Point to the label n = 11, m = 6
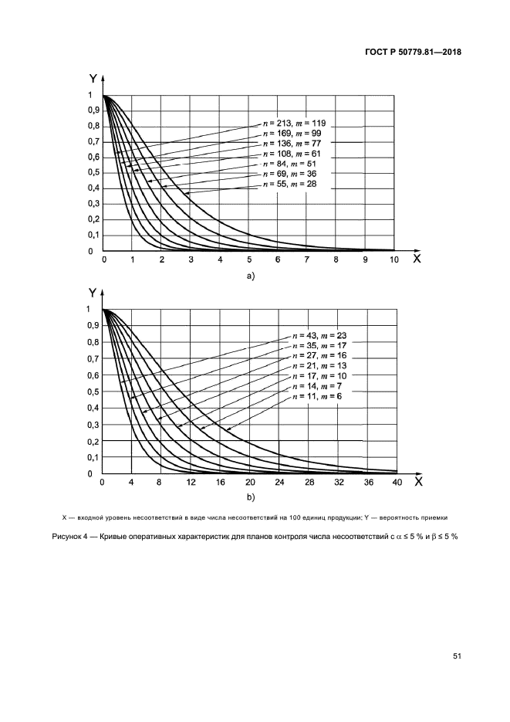pos(310,396)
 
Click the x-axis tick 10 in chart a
pos(393,260)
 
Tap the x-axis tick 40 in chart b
pos(397,483)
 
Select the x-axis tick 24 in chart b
pos(279,483)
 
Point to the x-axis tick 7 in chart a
pos(306,260)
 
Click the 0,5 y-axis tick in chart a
pos(94,173)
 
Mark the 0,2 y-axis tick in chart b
pos(93,441)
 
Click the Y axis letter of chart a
pos(93,78)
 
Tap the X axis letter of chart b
pos(417,481)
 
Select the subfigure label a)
pos(249,276)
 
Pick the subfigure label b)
pos(249,498)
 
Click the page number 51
pos(457,656)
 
